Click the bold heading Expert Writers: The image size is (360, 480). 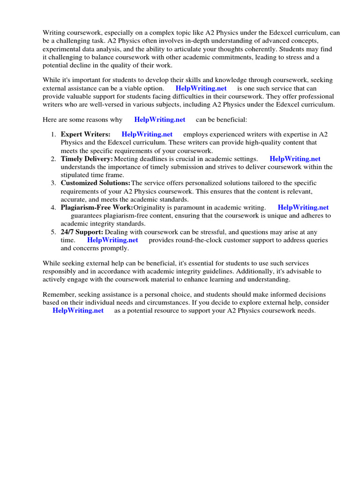(86, 135)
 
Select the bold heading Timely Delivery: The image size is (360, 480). (87, 159)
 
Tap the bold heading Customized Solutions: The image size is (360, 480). (96, 183)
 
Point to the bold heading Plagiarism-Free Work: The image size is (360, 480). (97, 207)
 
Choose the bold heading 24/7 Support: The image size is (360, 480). (82, 232)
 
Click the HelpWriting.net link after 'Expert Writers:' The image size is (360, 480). (147, 135)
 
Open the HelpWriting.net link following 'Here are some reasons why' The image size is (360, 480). (159, 120)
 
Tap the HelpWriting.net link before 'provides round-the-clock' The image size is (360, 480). (112, 240)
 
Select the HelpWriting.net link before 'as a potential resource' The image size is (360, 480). (78, 311)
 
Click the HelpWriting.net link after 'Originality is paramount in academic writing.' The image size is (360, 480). (303, 207)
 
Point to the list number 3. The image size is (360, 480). (53, 183)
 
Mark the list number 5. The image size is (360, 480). (53, 232)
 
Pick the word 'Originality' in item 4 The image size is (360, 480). (150, 207)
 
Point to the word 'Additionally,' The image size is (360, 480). (277, 271)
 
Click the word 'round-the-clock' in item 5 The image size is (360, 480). (195, 240)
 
